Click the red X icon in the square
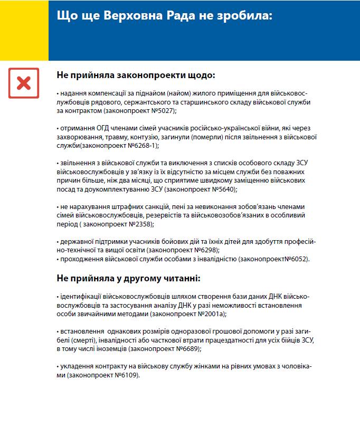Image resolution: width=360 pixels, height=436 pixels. pos(23,83)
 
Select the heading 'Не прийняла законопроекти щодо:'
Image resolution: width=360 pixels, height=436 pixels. pos(136,75)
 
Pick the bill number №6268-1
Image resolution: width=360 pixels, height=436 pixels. pos(145,145)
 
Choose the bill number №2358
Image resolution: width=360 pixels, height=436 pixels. pos(139,224)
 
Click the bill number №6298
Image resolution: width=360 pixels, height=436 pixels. pos(205,250)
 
